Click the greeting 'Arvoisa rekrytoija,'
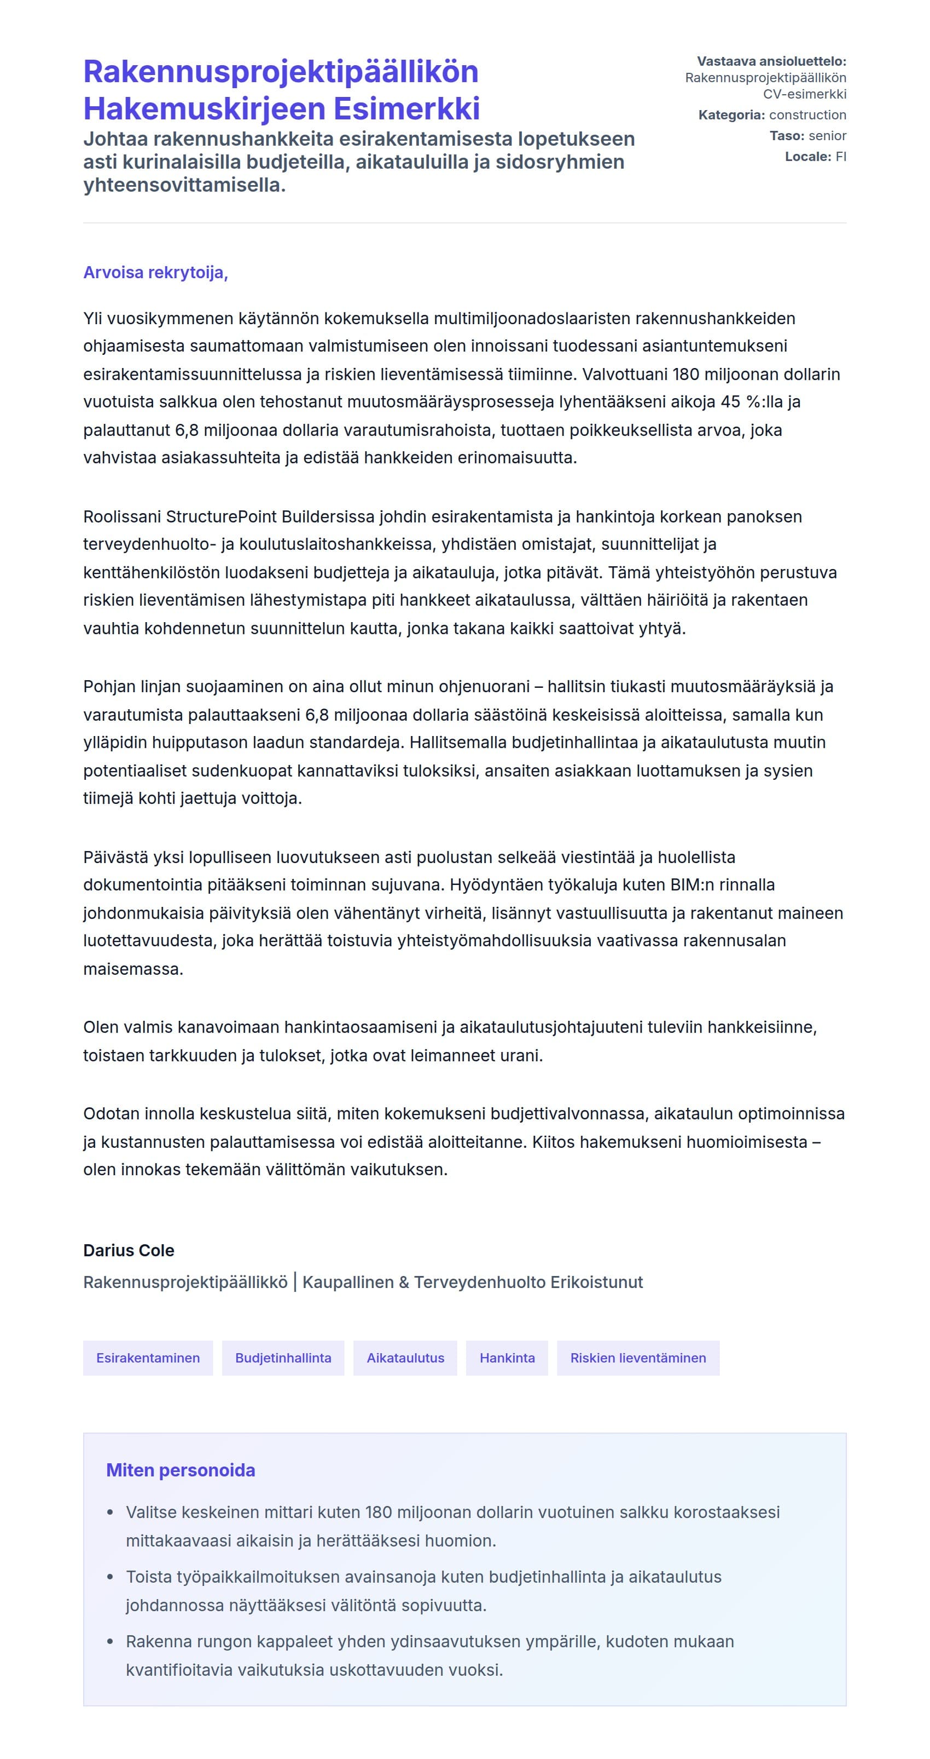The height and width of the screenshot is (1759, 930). click(x=155, y=273)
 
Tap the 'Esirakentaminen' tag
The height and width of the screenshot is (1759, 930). click(x=148, y=1358)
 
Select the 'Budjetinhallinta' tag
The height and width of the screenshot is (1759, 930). click(x=283, y=1358)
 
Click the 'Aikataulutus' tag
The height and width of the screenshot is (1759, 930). click(x=405, y=1358)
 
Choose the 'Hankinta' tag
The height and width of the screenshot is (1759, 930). click(x=507, y=1358)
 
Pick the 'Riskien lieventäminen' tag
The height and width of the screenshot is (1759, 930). click(x=638, y=1358)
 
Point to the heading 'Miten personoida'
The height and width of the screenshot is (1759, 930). click(x=181, y=1470)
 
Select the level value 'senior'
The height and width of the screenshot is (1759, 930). click(x=827, y=136)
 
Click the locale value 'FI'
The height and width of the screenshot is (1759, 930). click(x=841, y=157)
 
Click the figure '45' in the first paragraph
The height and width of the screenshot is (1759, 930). click(x=730, y=401)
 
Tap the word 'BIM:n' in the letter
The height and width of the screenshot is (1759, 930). click(x=694, y=884)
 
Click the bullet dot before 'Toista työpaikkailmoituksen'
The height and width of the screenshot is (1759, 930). click(x=111, y=1577)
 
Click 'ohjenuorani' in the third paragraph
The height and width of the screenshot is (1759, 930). click(x=484, y=686)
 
